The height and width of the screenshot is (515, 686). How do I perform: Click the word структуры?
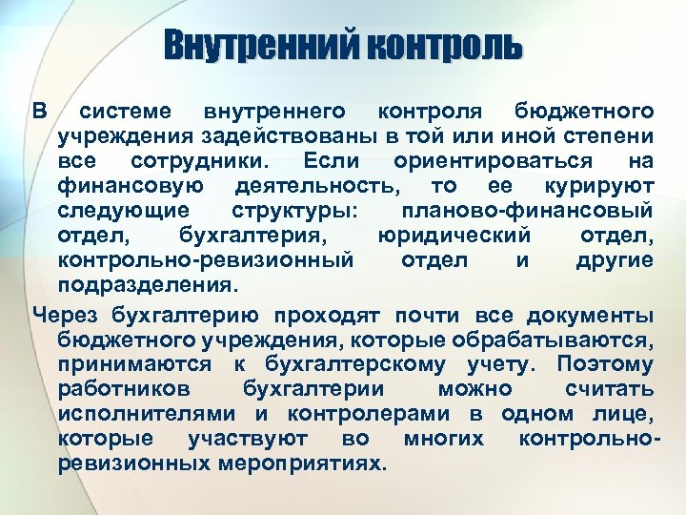[287, 210]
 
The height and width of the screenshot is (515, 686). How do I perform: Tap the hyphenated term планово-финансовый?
[529, 210]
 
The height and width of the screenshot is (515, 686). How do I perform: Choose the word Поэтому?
[606, 364]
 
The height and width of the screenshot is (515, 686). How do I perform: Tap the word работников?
[123, 389]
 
